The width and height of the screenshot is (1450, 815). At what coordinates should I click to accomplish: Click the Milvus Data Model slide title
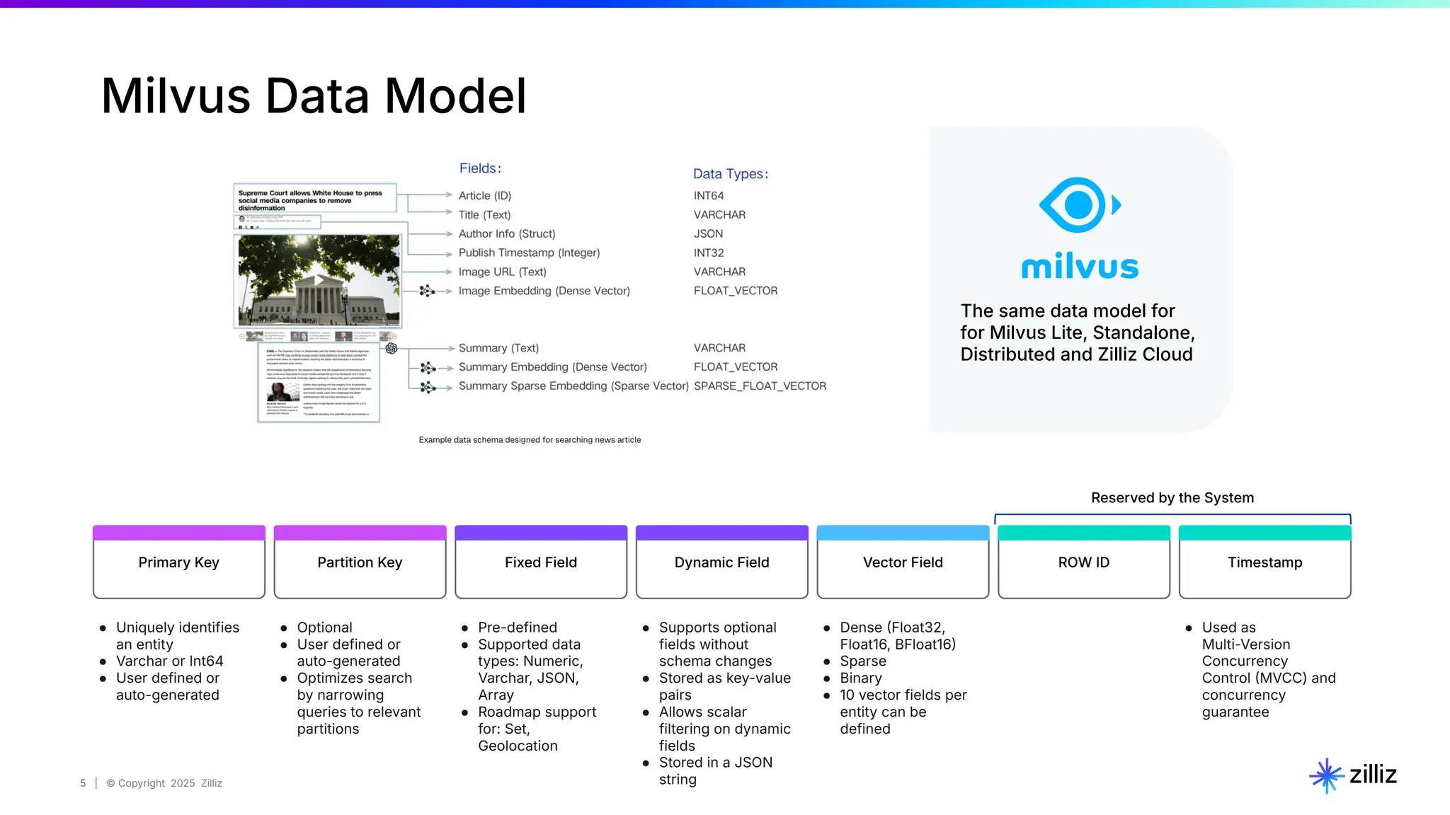coord(314,96)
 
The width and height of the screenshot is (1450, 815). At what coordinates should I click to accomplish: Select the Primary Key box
coord(179,562)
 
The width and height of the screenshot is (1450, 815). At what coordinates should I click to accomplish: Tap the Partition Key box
coord(360,562)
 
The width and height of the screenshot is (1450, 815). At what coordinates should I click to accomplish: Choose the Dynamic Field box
coord(721,562)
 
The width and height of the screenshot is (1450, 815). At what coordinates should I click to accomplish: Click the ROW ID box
coord(1083,562)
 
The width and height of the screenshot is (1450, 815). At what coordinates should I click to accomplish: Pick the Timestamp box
coord(1265,562)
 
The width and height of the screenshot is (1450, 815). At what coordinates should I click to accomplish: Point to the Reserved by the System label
coord(1172,498)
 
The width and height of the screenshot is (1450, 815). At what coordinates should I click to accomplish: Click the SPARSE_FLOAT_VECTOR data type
coord(760,386)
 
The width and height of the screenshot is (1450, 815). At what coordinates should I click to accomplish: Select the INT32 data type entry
coord(709,253)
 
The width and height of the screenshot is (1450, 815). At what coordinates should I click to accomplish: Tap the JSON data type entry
coord(708,234)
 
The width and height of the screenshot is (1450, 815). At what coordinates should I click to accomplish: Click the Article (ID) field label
coord(484,196)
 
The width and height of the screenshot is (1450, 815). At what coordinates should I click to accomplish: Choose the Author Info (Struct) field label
coord(507,234)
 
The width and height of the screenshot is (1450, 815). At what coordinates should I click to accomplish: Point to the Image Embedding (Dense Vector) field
coord(544,291)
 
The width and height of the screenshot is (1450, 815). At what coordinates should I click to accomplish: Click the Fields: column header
coord(480,168)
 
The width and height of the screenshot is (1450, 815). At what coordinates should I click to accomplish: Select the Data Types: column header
coord(730,174)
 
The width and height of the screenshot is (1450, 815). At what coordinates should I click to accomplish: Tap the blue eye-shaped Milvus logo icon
coord(1078,205)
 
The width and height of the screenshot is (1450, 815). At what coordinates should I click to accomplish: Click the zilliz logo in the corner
coord(1353,775)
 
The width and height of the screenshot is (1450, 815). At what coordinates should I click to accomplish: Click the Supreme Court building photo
coord(319,281)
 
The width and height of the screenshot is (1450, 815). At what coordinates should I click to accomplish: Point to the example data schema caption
coord(530,440)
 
